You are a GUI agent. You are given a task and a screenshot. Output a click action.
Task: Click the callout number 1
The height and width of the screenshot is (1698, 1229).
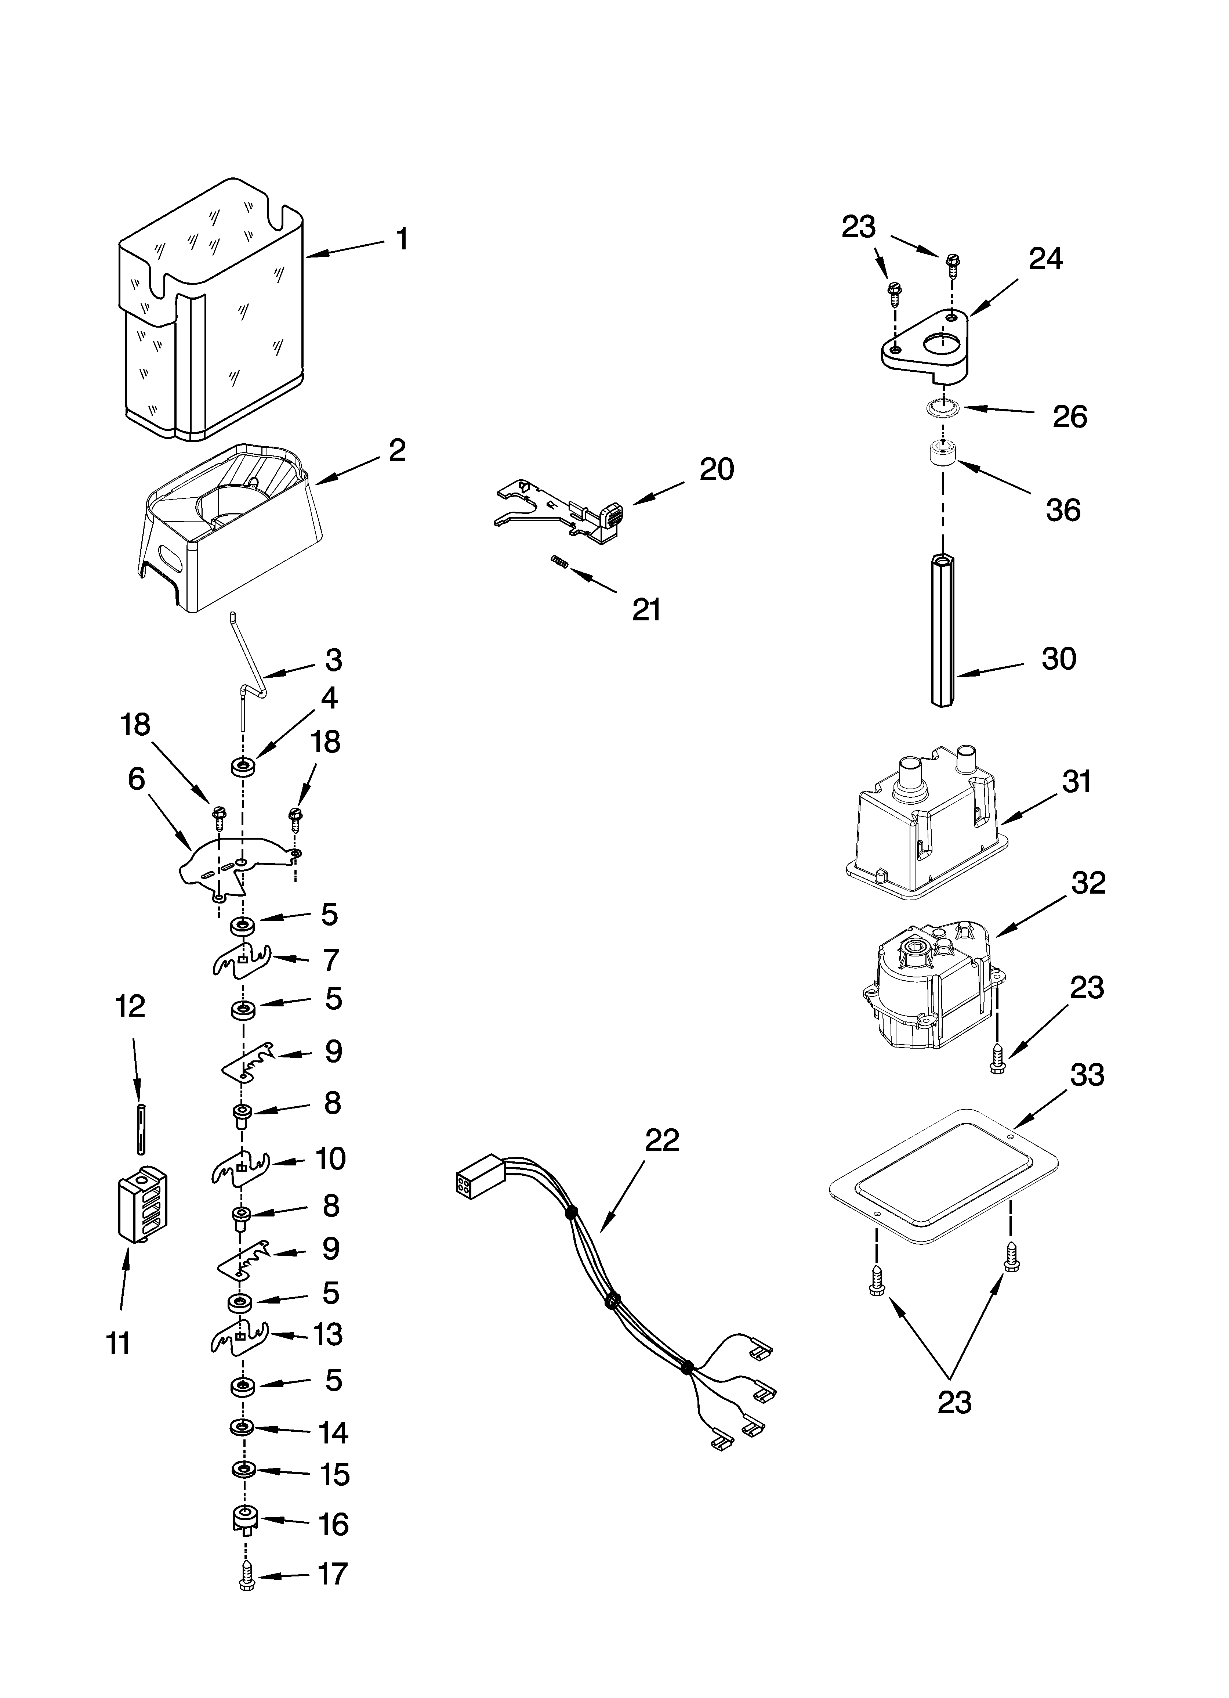click(402, 239)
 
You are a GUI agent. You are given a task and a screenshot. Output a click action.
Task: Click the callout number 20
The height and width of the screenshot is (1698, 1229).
click(716, 469)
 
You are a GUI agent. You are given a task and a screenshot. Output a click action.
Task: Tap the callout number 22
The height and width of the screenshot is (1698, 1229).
click(661, 1140)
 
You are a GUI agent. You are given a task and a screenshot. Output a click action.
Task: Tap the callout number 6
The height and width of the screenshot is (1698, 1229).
click(136, 779)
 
